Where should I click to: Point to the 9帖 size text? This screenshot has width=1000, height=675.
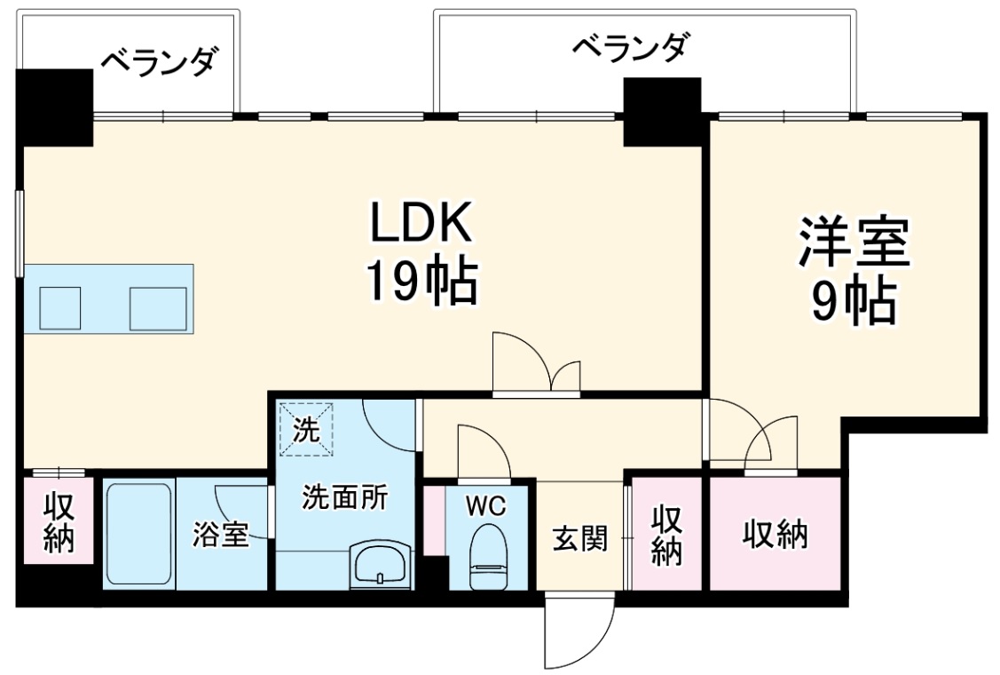pyautogui.click(x=854, y=302)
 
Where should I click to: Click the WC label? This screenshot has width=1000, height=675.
pyautogui.click(x=486, y=506)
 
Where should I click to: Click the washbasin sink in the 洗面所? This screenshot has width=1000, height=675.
pyautogui.click(x=381, y=565)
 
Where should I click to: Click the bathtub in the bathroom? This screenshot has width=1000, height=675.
pyautogui.click(x=138, y=535)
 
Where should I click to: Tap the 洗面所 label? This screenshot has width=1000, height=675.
pyautogui.click(x=344, y=498)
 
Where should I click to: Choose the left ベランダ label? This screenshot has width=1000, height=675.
pyautogui.click(x=158, y=63)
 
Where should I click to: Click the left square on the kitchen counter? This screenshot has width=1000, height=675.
pyautogui.click(x=59, y=308)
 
